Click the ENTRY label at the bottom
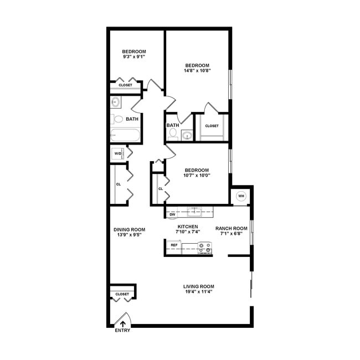point(122,331)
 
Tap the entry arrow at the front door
point(122,321)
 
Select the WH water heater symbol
point(241,196)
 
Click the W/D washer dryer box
point(118,153)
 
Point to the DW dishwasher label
point(172,214)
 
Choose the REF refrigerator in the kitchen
point(174,245)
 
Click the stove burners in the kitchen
point(205,248)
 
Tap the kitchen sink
point(195,210)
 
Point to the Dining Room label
point(129,230)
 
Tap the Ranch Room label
point(231,228)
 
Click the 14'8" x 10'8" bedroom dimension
point(198,70)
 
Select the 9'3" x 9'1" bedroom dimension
point(134,56)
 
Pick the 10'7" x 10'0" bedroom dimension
point(197,176)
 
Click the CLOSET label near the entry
point(122,294)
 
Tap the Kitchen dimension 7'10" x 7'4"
point(187,232)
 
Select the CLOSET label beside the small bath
point(212,126)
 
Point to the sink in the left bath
point(116,102)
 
